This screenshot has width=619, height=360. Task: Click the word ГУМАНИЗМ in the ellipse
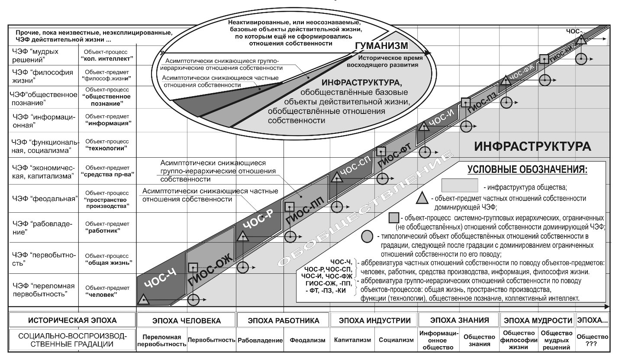(x=381, y=46)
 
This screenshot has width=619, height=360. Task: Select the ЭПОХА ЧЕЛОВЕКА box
(x=187, y=321)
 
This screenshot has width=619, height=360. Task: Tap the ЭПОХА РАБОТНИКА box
(x=283, y=321)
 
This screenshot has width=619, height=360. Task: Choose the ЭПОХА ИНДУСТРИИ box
(x=374, y=321)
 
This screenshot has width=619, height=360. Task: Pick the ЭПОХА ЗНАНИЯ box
(x=459, y=321)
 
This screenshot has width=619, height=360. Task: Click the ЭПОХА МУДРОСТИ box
(x=537, y=321)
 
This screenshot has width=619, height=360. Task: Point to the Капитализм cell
(x=352, y=340)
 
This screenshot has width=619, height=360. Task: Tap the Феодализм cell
(x=307, y=340)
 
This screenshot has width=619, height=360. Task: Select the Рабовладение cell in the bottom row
(x=260, y=340)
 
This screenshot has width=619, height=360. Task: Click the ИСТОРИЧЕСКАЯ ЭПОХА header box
(x=72, y=321)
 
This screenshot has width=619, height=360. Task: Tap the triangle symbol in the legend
(x=422, y=199)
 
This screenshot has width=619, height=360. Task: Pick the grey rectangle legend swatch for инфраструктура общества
(x=459, y=185)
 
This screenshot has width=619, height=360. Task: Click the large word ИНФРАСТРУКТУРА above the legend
(x=532, y=146)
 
